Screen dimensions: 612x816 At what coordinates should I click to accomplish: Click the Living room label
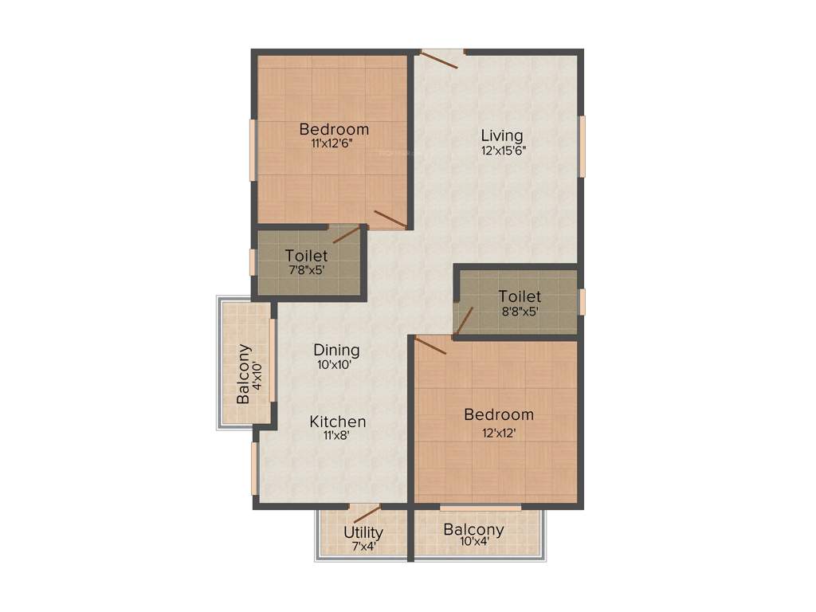point(502,135)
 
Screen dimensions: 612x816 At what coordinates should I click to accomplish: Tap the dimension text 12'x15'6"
point(502,150)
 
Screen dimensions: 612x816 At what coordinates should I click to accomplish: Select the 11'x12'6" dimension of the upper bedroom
point(333,144)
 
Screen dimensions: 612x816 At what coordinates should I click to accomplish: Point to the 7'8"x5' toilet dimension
point(306,270)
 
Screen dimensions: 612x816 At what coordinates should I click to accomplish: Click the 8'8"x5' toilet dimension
point(519,312)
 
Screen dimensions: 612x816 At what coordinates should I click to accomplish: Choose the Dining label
point(336,350)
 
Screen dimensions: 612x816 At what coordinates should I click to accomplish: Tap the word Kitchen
point(338,422)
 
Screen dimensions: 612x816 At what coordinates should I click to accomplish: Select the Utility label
point(363,532)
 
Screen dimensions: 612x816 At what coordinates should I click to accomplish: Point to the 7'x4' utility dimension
point(365,547)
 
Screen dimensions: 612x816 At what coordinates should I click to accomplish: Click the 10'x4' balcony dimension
point(474,543)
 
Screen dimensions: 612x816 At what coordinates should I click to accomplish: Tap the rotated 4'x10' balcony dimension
point(257,375)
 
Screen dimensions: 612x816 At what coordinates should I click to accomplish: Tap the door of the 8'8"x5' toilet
point(464,321)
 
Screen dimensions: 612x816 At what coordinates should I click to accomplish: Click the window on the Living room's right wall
point(582,146)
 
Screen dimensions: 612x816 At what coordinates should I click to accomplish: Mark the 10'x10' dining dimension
point(335,365)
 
